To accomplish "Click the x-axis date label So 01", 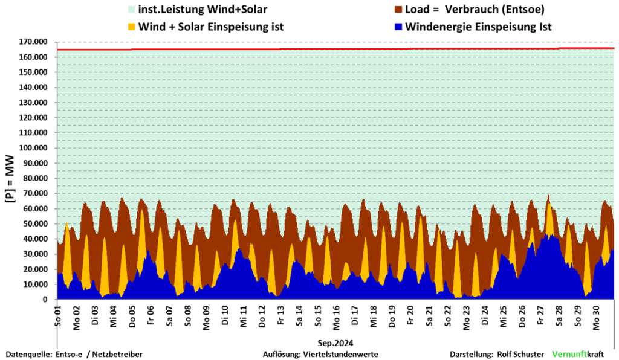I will coord(59,315).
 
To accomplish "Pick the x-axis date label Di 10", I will coord(225,315).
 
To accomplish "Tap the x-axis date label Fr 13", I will coord(280,315).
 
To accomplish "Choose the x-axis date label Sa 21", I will coord(429,315).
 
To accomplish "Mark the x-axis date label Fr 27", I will coord(540,315).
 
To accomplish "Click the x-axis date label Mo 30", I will coord(596,315).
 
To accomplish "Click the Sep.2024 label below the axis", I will coord(335,342).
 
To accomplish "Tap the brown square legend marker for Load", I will coord(398,10).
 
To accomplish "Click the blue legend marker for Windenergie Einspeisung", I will coord(398,27).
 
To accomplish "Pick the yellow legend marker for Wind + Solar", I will coord(130,27).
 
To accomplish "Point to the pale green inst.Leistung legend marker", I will coord(130,10).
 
